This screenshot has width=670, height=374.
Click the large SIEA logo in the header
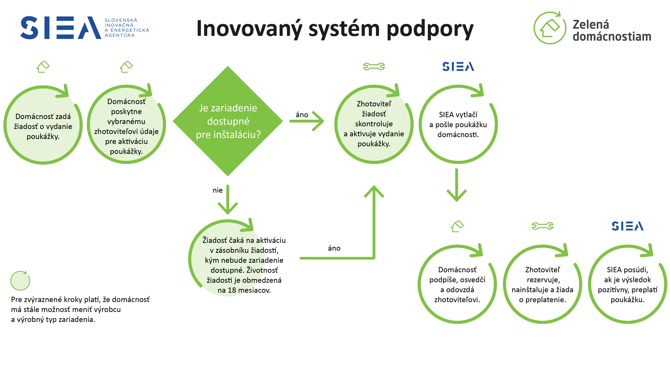pyautogui.click(x=60, y=28)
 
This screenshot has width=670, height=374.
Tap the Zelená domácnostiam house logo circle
pyautogui.click(x=549, y=28)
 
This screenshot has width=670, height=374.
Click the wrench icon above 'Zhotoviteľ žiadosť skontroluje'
pyautogui.click(x=374, y=67)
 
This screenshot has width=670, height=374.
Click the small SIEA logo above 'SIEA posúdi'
pyautogui.click(x=627, y=226)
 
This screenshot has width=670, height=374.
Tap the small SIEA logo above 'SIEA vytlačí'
pyautogui.click(x=458, y=67)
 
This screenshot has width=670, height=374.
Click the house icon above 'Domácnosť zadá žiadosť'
pyautogui.click(x=43, y=67)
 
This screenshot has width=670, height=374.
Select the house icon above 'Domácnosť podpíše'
pyautogui.click(x=457, y=226)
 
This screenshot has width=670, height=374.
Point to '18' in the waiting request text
pyautogui.click(x=232, y=290)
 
